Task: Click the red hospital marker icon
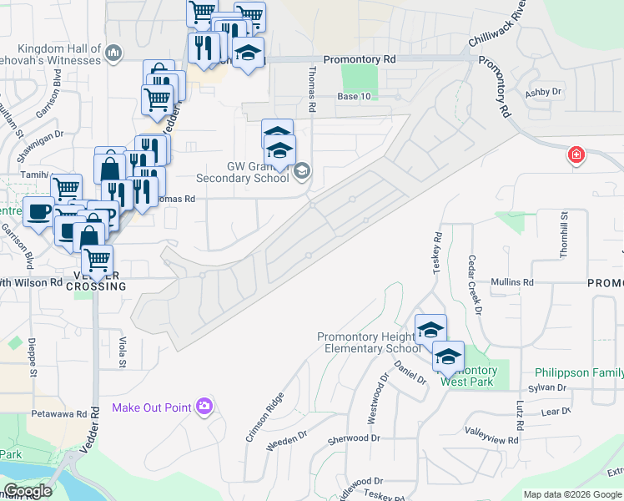[x=576, y=155]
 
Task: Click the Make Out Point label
[x=153, y=407]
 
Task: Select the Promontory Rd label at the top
[x=360, y=60]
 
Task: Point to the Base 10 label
[x=353, y=97]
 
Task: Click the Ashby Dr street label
[x=543, y=92]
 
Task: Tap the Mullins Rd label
[x=511, y=283]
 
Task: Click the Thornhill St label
[x=565, y=229]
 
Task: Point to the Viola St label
[x=123, y=352]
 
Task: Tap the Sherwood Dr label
[x=354, y=438]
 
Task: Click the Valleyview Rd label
[x=491, y=432]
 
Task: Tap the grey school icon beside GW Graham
[x=302, y=172]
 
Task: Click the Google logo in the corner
[x=28, y=491]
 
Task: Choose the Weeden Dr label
[x=286, y=441]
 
